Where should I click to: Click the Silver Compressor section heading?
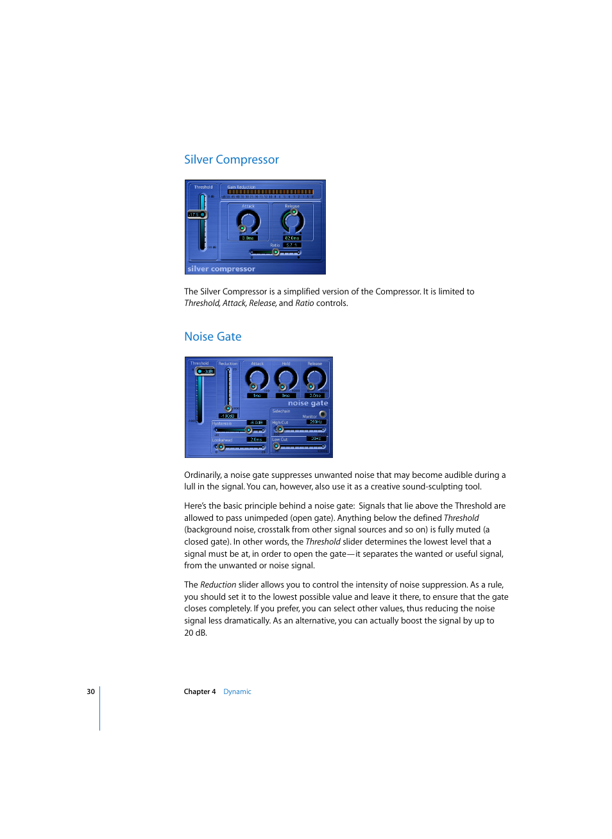231,160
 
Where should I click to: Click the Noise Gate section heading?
212,337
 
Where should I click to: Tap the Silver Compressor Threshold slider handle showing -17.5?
197,215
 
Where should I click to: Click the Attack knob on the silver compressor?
248,221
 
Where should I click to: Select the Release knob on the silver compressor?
292,221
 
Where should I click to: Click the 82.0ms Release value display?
292,238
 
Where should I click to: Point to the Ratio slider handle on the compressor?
276,252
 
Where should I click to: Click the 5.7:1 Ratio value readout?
291,245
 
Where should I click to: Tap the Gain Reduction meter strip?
270,192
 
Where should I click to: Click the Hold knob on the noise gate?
285,378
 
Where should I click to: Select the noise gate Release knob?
314,378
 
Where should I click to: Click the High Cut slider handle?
280,429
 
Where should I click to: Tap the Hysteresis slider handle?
249,430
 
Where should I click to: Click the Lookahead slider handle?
221,447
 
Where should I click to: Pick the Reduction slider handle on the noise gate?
228,409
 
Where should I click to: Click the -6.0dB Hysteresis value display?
257,423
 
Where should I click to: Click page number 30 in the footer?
90,691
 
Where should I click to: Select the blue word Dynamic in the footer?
237,691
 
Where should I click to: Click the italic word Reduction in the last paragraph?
218,585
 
